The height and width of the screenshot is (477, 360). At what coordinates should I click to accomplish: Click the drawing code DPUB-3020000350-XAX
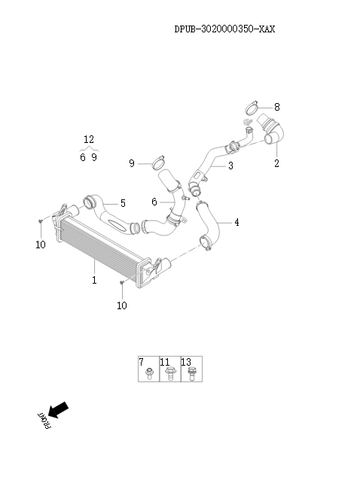pos(224,29)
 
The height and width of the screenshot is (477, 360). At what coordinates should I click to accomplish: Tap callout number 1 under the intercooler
pos(94,280)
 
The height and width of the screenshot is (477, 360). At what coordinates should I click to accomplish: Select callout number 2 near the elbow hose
pos(276,163)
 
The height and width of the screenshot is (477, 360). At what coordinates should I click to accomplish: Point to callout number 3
pos(230,166)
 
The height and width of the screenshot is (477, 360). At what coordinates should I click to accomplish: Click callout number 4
pos(236,222)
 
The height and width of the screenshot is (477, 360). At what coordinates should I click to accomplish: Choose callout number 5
pos(123,203)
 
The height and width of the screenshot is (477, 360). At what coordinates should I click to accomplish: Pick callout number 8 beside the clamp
pos(277,107)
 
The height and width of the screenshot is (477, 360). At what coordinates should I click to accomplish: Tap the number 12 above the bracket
pos(89,140)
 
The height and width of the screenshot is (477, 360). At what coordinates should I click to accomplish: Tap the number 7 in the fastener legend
pos(142,362)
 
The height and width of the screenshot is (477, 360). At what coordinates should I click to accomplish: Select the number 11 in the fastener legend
pos(165,362)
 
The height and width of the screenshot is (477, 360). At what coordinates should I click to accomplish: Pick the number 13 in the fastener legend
pos(186,362)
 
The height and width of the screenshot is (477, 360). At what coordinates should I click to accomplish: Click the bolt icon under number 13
pos(191,374)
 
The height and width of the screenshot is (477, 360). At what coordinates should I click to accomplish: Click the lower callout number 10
pos(122,305)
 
